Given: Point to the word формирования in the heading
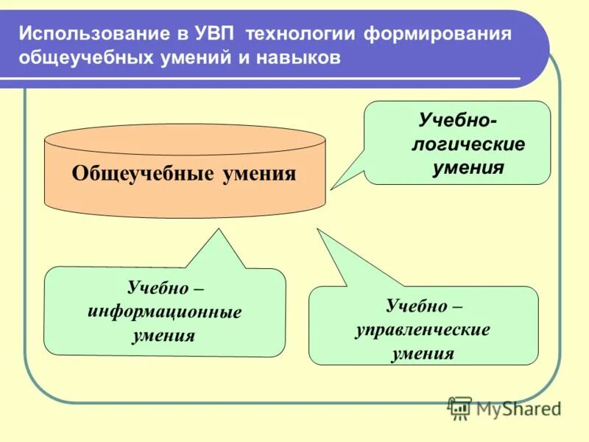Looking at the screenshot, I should point(434,34).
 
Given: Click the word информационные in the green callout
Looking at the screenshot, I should point(164,311).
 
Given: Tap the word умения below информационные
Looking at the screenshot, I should point(164,336).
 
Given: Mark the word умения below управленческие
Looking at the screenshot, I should point(423,354).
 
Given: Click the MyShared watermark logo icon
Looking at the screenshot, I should point(460,407).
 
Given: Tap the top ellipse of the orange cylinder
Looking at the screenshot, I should point(185,139).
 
